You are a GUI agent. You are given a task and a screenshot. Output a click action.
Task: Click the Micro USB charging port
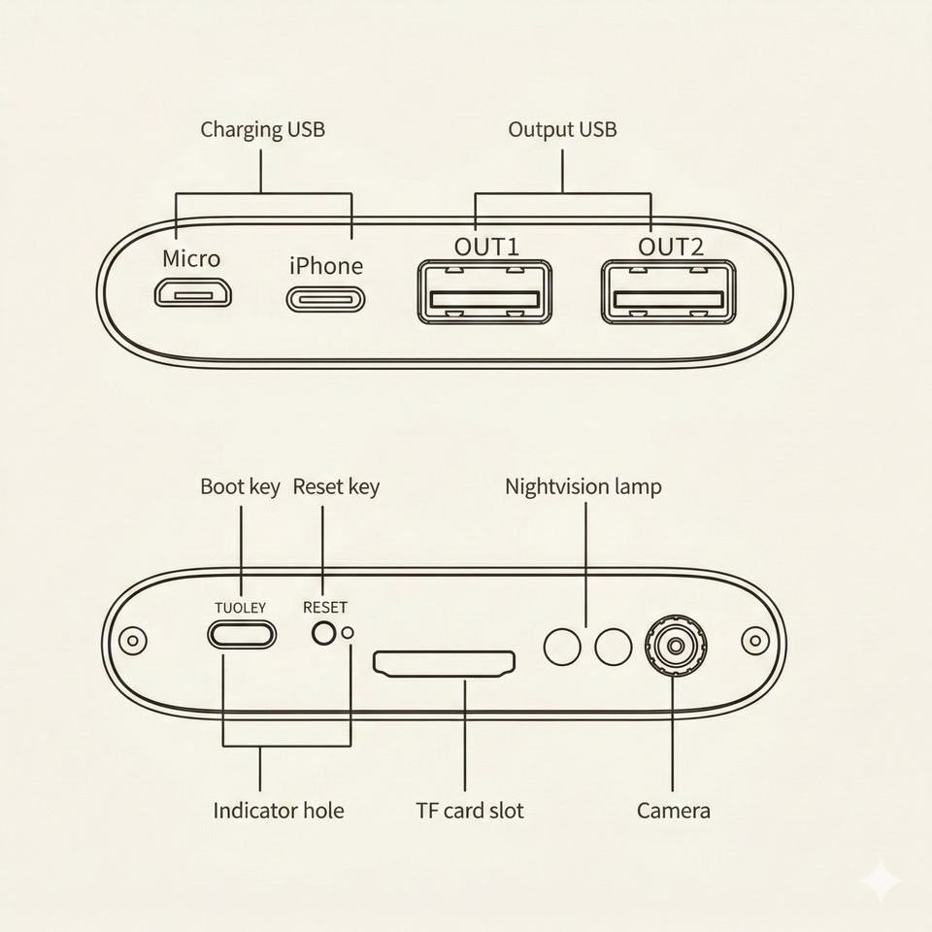pyautogui.click(x=193, y=292)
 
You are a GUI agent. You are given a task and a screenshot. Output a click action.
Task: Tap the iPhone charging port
pyautogui.click(x=326, y=298)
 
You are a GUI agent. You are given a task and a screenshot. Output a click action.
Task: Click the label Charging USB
pyautogui.click(x=262, y=129)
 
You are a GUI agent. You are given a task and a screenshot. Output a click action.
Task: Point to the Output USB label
pyautogui.click(x=562, y=129)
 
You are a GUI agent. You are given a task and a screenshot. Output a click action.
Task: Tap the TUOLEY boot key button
pyautogui.click(x=241, y=635)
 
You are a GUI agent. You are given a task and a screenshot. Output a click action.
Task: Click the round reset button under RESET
pyautogui.click(x=323, y=633)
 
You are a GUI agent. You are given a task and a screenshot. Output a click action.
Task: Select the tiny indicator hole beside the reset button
pyautogui.click(x=348, y=633)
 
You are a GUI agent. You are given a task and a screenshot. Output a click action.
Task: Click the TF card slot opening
pyautogui.click(x=445, y=664)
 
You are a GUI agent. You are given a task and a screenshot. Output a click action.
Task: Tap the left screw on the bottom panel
pyautogui.click(x=132, y=641)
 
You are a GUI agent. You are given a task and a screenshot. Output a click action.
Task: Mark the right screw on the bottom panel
pyautogui.click(x=754, y=641)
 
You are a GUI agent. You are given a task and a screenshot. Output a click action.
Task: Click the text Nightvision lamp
pyautogui.click(x=583, y=486)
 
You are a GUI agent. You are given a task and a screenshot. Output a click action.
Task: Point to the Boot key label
pyautogui.click(x=240, y=486)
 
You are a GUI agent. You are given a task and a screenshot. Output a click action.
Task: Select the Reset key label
pyautogui.click(x=336, y=486)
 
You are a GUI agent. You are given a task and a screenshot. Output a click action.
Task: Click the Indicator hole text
pyautogui.click(x=279, y=810)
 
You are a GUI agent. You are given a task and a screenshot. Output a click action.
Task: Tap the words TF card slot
pyautogui.click(x=470, y=810)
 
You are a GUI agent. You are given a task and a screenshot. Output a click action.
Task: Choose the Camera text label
pyautogui.click(x=673, y=810)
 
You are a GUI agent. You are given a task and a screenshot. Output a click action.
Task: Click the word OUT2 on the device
pyautogui.click(x=670, y=247)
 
